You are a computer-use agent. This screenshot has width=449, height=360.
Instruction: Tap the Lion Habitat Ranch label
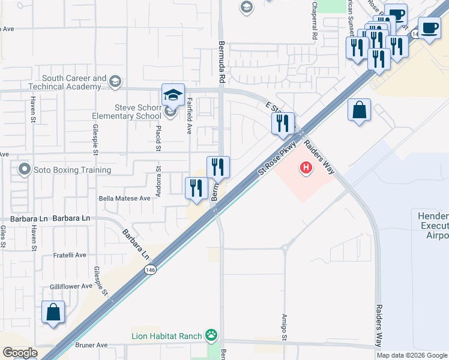pyautogui.click(x=166, y=335)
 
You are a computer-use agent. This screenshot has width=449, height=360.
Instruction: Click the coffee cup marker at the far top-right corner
pyautogui.click(x=430, y=28)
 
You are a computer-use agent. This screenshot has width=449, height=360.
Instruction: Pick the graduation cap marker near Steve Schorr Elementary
pyautogui.click(x=172, y=95)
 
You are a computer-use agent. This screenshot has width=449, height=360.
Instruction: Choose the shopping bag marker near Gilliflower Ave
pyautogui.click(x=53, y=313)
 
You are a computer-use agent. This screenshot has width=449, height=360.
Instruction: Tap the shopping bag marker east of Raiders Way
pyautogui.click(x=359, y=110)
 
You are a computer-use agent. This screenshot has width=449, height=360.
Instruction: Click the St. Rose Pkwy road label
pyautogui.click(x=277, y=158)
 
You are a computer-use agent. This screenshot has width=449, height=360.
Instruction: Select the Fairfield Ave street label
pyautogui.click(x=189, y=115)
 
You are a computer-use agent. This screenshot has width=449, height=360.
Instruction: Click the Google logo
pyautogui.click(x=20, y=352)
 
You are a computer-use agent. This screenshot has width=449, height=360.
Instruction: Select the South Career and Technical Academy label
pyautogui.click(x=74, y=83)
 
